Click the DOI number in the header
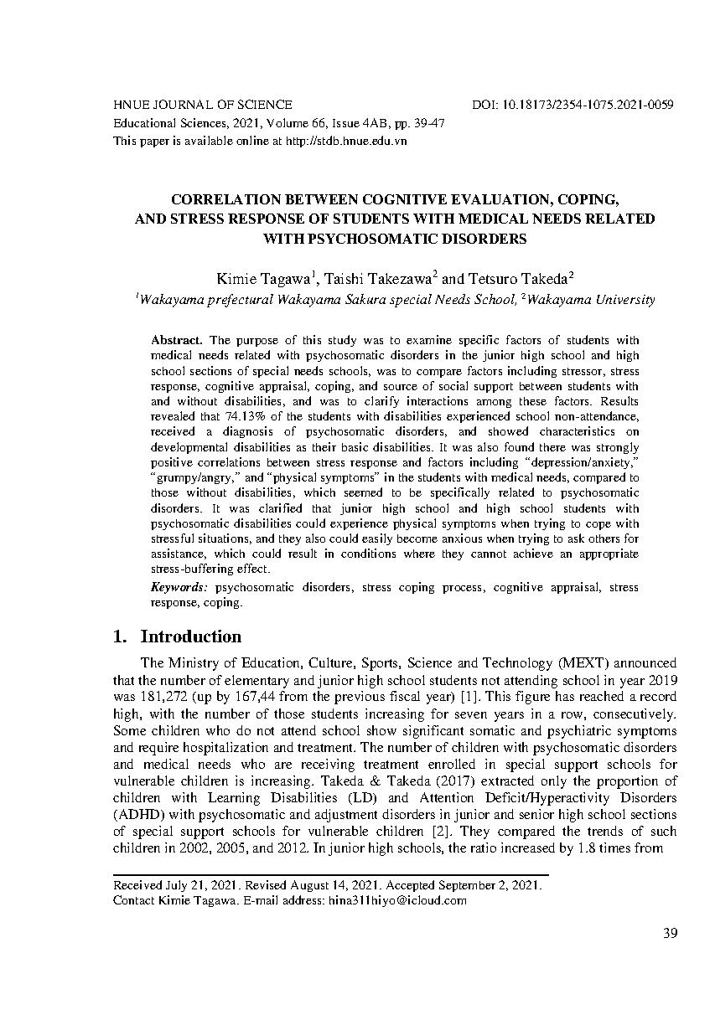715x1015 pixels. pyautogui.click(x=588, y=105)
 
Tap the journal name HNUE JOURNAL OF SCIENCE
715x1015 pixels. pyautogui.click(x=202, y=105)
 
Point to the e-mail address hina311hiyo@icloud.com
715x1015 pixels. pyautogui.click(x=397, y=901)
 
